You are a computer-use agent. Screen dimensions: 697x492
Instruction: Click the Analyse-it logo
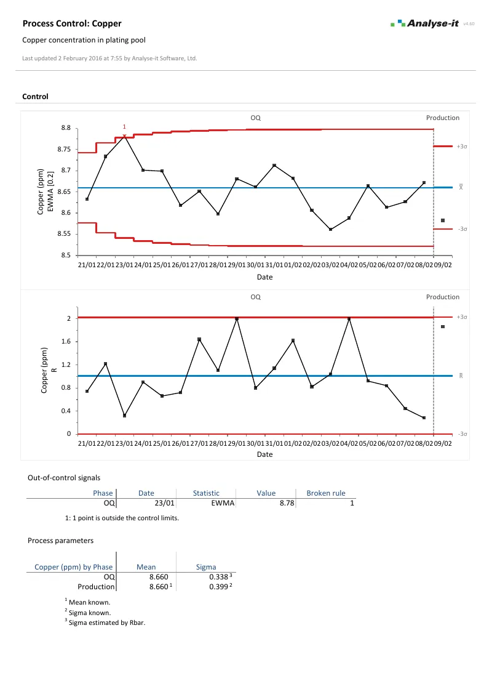point(424,23)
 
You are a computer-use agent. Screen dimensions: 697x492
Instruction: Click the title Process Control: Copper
point(72,23)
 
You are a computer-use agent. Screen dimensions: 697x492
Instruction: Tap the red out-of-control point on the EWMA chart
point(124,136)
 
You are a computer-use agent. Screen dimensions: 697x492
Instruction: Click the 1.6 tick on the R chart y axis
point(66,341)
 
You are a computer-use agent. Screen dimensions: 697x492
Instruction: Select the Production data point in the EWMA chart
point(443,220)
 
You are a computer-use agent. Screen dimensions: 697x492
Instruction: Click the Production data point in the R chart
point(443,326)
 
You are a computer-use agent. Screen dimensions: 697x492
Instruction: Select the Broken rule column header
point(325,493)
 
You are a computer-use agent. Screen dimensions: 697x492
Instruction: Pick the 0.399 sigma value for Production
point(218,587)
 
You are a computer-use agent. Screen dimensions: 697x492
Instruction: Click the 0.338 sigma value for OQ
point(218,577)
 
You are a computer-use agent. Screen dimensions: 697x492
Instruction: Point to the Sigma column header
point(205,566)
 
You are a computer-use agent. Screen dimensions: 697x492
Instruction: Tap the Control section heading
point(35,97)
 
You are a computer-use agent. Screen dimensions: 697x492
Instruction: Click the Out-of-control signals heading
point(64,477)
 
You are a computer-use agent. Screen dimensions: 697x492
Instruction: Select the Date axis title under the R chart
point(264,454)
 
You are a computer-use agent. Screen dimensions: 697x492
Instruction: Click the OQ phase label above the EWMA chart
point(255,118)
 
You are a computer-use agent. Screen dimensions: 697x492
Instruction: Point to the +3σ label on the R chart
point(462,317)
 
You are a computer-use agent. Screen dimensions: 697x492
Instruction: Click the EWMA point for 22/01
point(106,156)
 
